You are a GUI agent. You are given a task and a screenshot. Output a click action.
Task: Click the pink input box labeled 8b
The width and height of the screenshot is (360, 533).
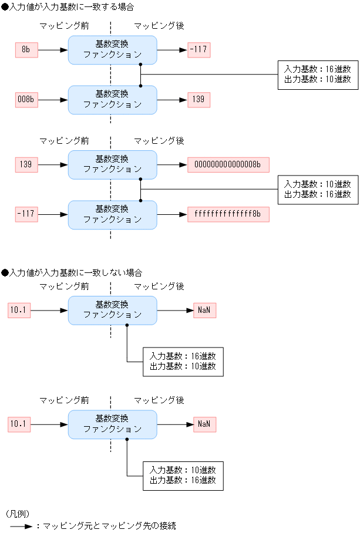(26, 50)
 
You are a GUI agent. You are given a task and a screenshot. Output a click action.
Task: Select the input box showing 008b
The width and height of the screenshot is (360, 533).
(26, 100)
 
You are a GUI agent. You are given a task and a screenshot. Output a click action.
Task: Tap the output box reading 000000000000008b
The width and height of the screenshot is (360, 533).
(228, 164)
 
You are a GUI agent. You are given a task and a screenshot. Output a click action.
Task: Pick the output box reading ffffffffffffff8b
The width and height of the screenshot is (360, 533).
(228, 214)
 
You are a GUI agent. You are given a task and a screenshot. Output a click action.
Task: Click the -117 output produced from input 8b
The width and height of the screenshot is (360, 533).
(198, 50)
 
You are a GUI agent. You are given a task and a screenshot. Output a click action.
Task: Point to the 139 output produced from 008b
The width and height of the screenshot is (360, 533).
(198, 100)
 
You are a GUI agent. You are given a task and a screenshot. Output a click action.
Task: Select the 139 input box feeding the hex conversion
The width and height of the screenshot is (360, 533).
(26, 164)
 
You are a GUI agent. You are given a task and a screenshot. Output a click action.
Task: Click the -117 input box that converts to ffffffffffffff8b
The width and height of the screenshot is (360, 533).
(26, 214)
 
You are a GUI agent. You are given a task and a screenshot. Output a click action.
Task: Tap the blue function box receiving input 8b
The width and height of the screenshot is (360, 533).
(112, 50)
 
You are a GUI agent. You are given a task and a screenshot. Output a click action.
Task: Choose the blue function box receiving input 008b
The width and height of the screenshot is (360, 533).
(112, 100)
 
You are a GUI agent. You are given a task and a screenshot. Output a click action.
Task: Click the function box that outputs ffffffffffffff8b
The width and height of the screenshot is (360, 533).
(112, 214)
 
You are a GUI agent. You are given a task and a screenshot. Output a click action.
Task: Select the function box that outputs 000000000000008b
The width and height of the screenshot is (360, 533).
(112, 164)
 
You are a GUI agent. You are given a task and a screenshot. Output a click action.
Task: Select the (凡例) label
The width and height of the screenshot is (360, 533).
(18, 514)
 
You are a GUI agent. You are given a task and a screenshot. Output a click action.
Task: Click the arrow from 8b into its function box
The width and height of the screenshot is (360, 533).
(53, 50)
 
